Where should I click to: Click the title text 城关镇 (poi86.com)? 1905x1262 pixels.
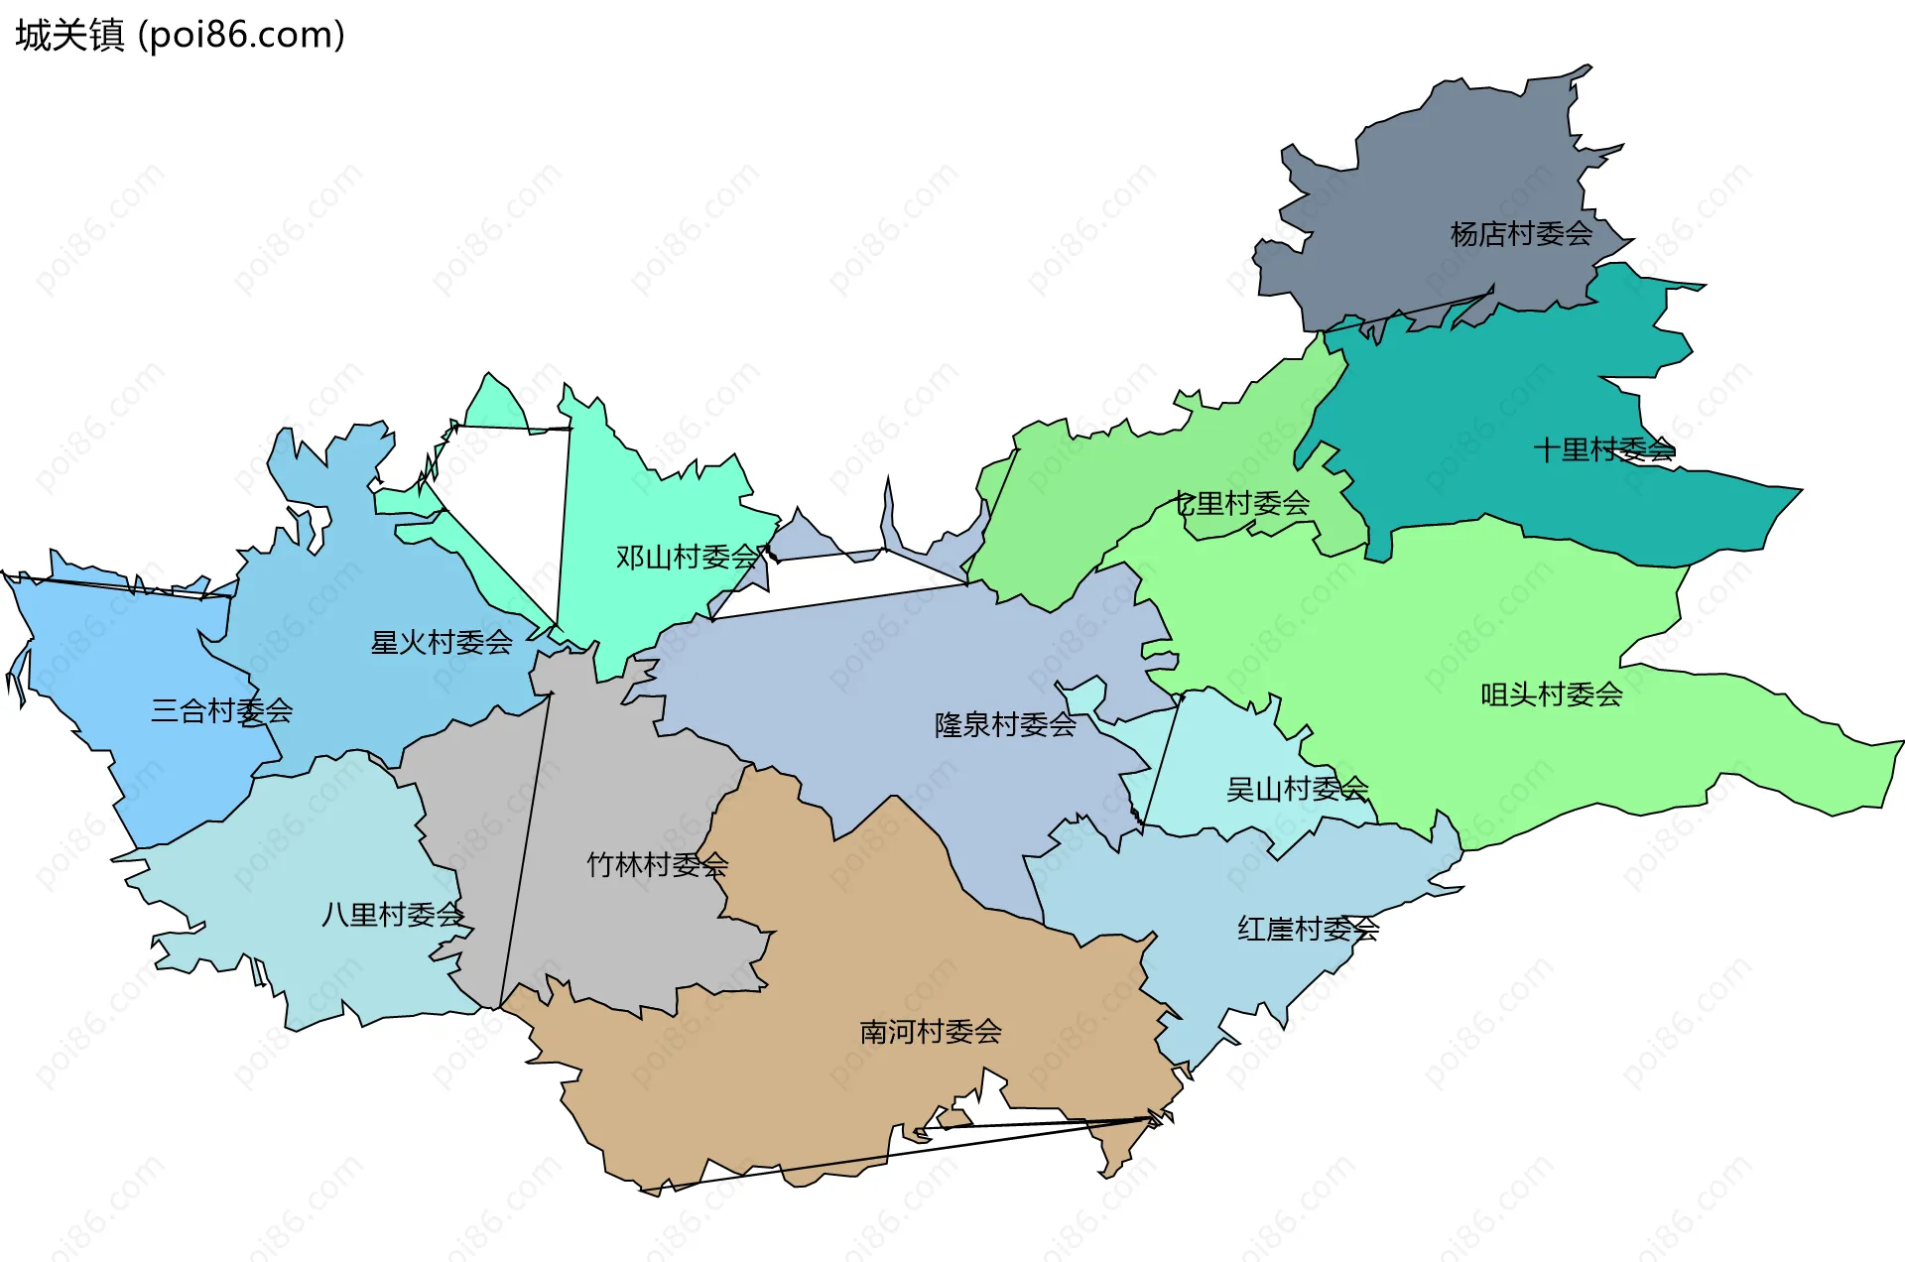click(x=180, y=35)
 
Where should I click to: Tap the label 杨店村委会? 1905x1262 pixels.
click(x=1520, y=234)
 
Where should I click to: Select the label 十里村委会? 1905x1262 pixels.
click(x=1603, y=449)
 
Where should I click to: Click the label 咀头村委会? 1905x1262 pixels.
click(x=1551, y=694)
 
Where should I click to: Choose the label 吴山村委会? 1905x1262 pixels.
click(x=1297, y=789)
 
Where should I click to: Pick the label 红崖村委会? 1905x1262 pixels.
click(x=1308, y=929)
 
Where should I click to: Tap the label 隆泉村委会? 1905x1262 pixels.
click(x=1004, y=724)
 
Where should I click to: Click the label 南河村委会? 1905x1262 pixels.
click(x=930, y=1032)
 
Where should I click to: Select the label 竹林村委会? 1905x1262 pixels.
click(x=657, y=864)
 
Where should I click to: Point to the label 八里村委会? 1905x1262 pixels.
click(x=392, y=914)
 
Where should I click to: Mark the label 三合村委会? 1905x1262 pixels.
click(x=221, y=710)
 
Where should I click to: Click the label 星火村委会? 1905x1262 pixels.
click(x=441, y=642)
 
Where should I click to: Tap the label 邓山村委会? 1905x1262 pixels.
click(x=687, y=557)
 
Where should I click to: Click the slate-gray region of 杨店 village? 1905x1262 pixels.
click(x=1439, y=179)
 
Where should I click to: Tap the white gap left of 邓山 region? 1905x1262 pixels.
click(x=516, y=496)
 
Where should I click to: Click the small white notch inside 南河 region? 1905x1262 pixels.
click(x=982, y=1101)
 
